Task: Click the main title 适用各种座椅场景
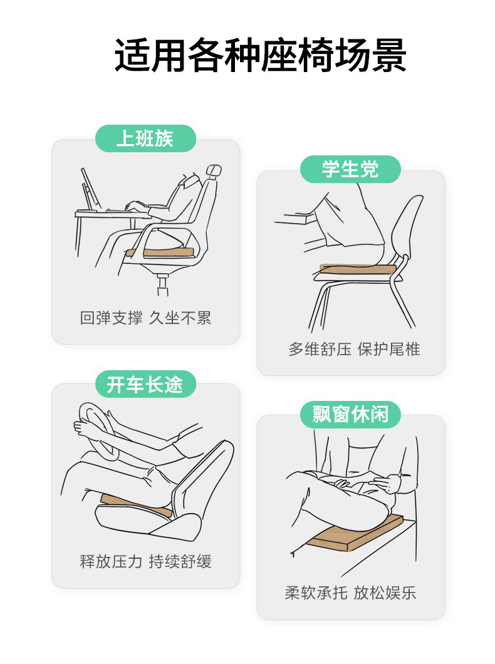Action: [261, 55]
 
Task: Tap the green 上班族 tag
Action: [145, 138]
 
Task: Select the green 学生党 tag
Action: [350, 169]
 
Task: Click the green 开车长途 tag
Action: [145, 384]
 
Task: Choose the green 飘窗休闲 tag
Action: [350, 415]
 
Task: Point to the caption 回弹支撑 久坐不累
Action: [145, 318]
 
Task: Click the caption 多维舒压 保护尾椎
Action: [355, 349]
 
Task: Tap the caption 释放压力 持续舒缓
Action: [145, 561]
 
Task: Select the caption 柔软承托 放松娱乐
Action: [350, 593]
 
